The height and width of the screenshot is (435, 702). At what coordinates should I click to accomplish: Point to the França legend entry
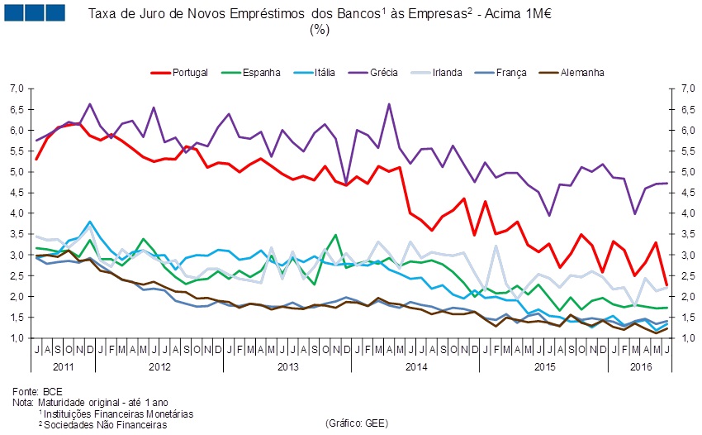tap(510, 72)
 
